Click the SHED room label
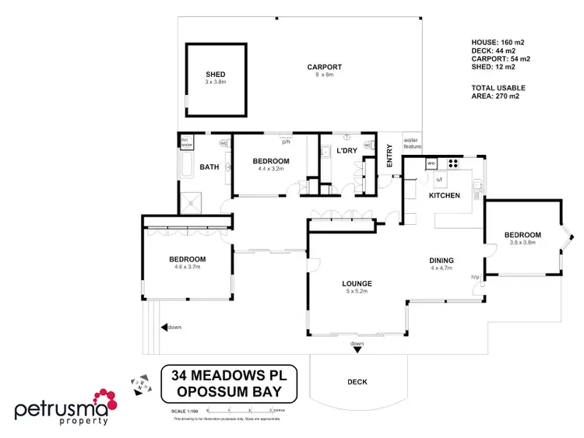(216, 75)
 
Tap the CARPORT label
(324, 68)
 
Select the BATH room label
(209, 167)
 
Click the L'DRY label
(346, 149)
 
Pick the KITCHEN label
(445, 195)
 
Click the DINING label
(441, 261)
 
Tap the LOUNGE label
(356, 283)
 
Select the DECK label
(357, 382)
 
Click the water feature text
(411, 143)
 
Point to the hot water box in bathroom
(186, 142)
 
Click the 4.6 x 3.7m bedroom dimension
(188, 267)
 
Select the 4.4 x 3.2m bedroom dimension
(271, 169)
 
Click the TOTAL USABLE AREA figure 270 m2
(508, 96)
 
